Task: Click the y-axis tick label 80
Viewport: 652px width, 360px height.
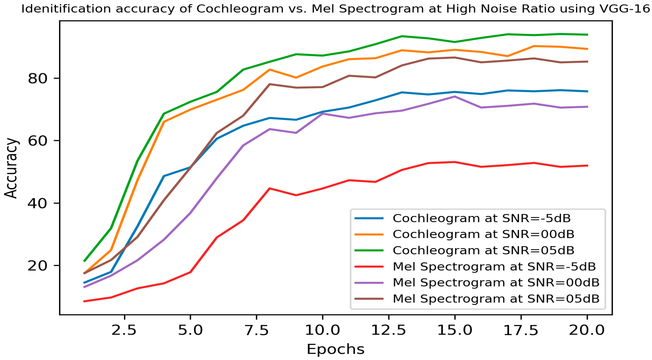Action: coord(37,79)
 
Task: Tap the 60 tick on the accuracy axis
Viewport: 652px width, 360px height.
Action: coord(37,141)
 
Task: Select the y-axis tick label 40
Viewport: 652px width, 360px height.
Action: coord(37,203)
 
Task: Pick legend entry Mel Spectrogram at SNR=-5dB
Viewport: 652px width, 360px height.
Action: coord(494,267)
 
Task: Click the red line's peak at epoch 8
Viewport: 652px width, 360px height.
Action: coord(270,188)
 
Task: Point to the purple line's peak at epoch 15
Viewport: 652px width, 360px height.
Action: coord(455,96)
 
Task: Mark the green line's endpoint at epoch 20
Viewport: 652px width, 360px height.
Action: coord(587,35)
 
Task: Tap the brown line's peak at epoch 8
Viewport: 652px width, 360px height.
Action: coord(270,84)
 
